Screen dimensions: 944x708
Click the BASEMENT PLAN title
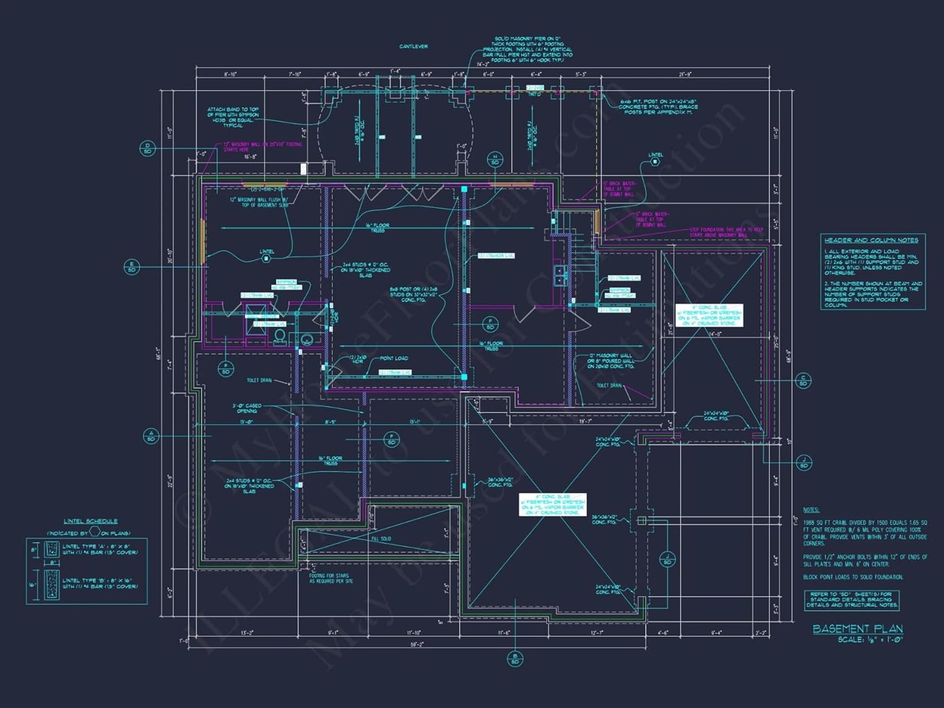click(x=857, y=629)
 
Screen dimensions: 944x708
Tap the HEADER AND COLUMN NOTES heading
click(x=871, y=240)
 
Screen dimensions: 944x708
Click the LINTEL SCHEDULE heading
click(x=91, y=521)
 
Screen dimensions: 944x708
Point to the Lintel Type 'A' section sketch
click(x=52, y=549)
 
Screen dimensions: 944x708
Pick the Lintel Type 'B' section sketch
click(x=52, y=585)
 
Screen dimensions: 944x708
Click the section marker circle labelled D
click(x=147, y=149)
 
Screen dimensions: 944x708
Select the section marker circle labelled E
click(x=132, y=267)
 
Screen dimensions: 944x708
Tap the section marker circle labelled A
click(x=151, y=435)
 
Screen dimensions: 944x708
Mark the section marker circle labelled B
click(x=515, y=659)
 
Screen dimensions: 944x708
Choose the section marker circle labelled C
click(x=803, y=380)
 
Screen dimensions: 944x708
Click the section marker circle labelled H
click(x=495, y=159)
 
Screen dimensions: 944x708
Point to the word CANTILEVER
click(x=413, y=47)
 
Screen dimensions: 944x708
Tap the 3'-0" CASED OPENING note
click(x=247, y=408)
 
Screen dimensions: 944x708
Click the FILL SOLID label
click(x=381, y=539)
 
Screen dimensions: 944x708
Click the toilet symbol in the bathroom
click(x=280, y=335)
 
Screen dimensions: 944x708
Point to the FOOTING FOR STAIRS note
click(x=330, y=578)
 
